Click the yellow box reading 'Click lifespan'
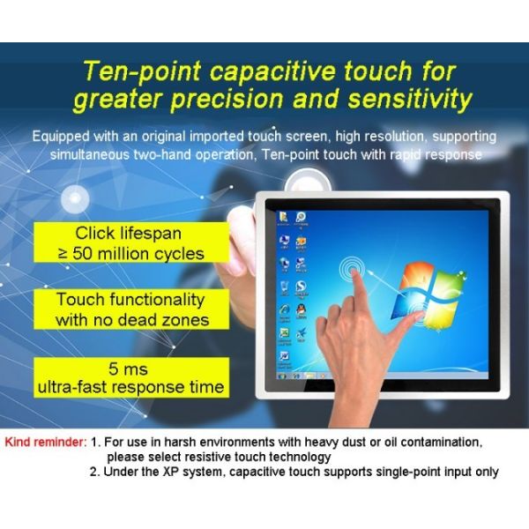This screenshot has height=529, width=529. [129, 235]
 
